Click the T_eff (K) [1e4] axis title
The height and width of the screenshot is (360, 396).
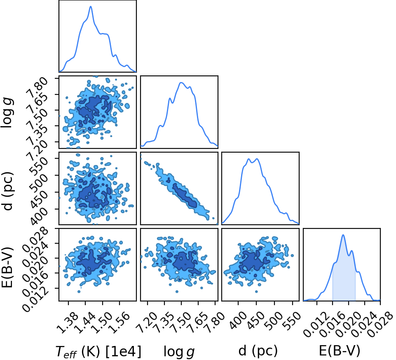tap(98, 351)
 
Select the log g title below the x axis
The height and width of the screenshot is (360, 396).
tap(179, 352)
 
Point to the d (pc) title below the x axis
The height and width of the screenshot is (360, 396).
tap(258, 351)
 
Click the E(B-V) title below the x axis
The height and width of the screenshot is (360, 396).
tap(340, 351)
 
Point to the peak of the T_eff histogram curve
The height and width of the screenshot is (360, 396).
tap(91, 6)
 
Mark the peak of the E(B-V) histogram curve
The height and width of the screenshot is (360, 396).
tap(343, 235)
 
